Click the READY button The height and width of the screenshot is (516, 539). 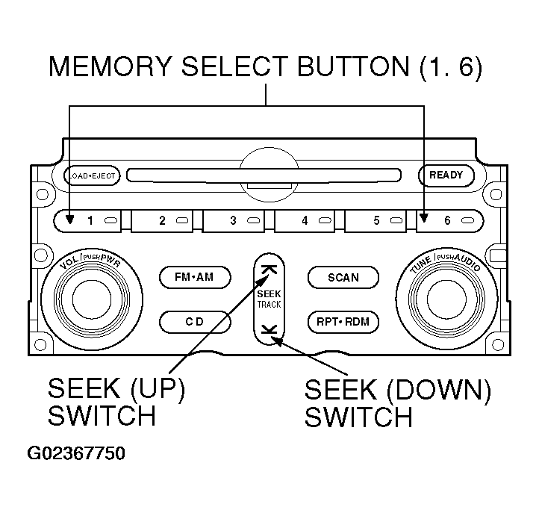click(446, 175)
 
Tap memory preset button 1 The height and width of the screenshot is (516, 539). click(87, 221)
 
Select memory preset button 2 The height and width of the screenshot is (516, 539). click(161, 221)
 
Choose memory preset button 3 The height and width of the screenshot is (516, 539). click(234, 221)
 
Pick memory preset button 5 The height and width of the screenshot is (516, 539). click(376, 221)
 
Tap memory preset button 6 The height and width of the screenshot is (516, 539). click(450, 221)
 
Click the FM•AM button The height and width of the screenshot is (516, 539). click(195, 277)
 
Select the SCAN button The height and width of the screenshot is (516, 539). click(343, 278)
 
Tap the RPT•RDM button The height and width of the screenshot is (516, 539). click(343, 322)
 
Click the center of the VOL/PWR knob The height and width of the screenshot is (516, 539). click(92, 299)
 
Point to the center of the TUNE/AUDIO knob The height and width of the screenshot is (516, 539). click(446, 299)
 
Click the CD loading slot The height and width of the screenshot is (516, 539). click(264, 175)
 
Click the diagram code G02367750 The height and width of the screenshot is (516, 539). click(76, 453)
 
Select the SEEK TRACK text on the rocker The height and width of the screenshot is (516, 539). click(269, 299)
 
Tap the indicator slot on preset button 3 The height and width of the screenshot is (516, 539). click(254, 220)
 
